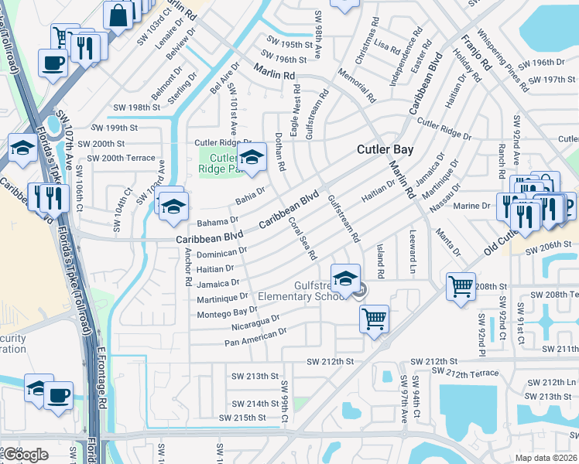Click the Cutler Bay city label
[x=385, y=149]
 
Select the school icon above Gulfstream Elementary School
[x=346, y=277]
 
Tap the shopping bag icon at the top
[x=118, y=14]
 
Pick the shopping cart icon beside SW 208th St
[x=461, y=286]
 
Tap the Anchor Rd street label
[x=187, y=270]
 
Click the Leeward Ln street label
[x=412, y=251]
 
